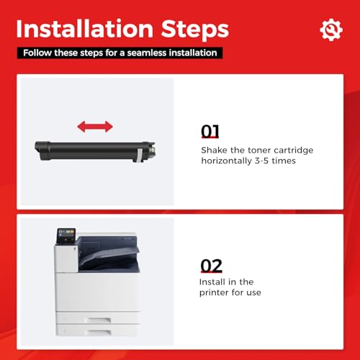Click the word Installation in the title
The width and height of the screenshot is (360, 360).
coord(85,29)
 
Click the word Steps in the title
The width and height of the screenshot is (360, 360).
coord(195,30)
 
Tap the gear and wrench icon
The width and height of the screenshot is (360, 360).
coord(331,30)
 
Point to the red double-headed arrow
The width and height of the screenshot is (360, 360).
coord(95,127)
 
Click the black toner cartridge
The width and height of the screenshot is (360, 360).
coord(95,151)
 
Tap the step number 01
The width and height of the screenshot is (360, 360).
coord(210,131)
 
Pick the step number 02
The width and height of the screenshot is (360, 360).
coord(211,266)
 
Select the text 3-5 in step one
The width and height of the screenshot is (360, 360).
coord(261,161)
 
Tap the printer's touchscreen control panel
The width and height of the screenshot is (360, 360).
coord(66,235)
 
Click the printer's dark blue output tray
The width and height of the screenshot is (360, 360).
coord(109,254)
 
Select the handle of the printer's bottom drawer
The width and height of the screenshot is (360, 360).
coord(99,332)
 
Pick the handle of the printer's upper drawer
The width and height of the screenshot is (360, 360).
coord(99,320)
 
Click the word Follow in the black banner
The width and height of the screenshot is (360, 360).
coord(37,53)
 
